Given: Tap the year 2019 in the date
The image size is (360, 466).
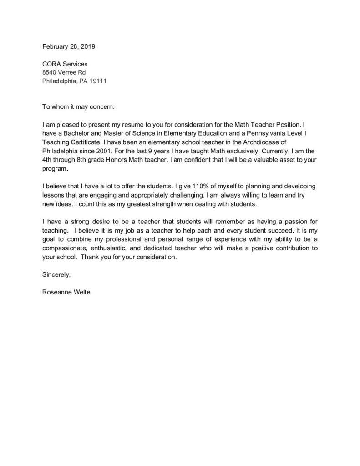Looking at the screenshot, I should click(88, 46).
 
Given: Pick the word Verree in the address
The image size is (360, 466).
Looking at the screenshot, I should click(69, 73).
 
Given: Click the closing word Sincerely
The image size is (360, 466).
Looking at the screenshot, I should click(56, 274).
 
